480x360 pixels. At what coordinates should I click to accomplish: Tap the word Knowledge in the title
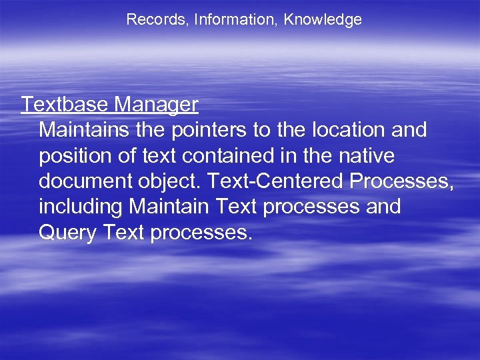(x=323, y=20)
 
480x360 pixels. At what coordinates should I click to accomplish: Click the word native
(x=364, y=155)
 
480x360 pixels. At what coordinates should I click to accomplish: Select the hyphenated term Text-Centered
(x=281, y=181)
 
